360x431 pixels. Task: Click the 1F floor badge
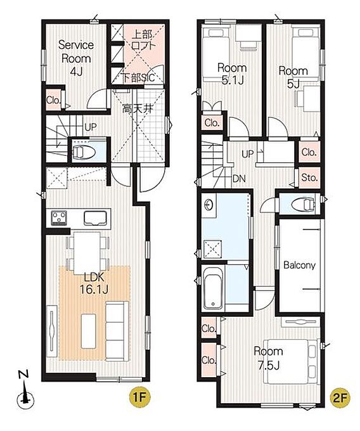click(x=140, y=397)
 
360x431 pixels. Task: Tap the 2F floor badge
click(x=340, y=397)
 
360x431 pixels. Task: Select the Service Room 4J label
click(x=76, y=58)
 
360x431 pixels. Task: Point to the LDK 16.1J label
click(x=94, y=283)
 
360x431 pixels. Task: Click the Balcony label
click(x=299, y=265)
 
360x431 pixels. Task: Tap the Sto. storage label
click(x=309, y=177)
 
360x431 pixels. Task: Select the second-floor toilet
click(x=302, y=204)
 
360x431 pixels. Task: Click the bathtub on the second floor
click(x=214, y=288)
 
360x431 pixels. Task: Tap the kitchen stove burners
click(x=59, y=217)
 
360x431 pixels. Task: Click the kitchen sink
click(x=95, y=218)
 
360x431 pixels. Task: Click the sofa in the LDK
click(x=117, y=331)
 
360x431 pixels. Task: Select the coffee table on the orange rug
click(x=88, y=331)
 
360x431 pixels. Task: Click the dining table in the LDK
click(x=87, y=253)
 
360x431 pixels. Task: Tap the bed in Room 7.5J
click(x=290, y=361)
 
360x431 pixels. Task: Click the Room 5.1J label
click(x=232, y=74)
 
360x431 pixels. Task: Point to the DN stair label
click(x=239, y=179)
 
